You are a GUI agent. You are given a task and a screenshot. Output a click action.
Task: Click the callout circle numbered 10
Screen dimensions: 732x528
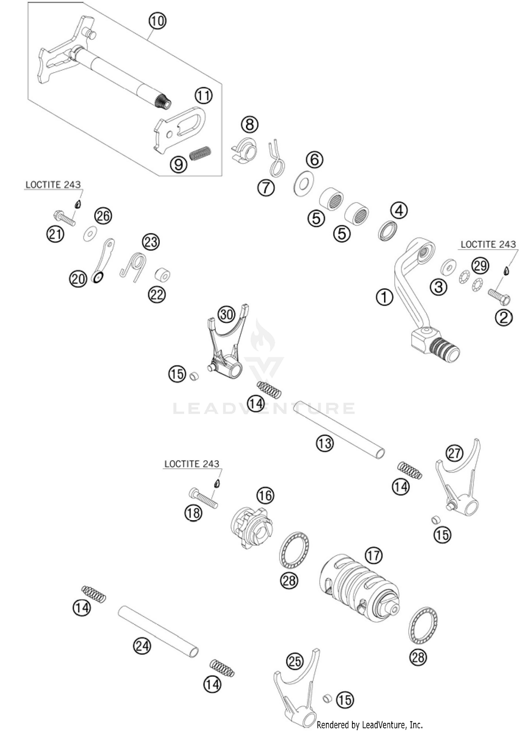pos(157,21)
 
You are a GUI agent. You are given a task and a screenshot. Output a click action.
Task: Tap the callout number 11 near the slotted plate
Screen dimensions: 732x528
pos(204,95)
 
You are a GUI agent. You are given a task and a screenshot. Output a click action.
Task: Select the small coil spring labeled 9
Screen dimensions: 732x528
pos(200,153)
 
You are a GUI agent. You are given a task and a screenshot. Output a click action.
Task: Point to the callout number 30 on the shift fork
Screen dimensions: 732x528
pos(226,314)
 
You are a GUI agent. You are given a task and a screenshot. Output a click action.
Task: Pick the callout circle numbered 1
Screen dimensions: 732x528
pos(384,298)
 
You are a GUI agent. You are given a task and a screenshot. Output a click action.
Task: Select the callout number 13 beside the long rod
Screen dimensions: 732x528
pos(325,443)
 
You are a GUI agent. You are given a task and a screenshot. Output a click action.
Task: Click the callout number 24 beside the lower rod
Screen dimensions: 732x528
pos(142,646)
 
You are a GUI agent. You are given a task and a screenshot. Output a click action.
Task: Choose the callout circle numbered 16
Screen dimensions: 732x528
pos(265,495)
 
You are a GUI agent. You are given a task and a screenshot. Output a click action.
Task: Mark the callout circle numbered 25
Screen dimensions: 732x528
pos(295,661)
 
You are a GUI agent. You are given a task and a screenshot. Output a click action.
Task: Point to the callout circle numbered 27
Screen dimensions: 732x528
pos(454,453)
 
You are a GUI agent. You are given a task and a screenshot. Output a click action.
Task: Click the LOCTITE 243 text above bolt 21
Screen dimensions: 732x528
pos(53,184)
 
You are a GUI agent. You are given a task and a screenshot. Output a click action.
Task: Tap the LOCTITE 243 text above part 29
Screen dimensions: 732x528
pos(488,244)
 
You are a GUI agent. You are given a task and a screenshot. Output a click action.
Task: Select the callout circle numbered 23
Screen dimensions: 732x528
pos(151,242)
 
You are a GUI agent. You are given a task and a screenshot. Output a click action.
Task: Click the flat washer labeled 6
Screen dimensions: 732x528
pos(304,183)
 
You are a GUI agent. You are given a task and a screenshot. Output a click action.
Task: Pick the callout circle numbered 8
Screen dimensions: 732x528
pos(250,124)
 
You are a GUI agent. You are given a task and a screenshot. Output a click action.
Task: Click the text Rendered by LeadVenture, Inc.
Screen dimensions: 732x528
pos(370,725)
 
